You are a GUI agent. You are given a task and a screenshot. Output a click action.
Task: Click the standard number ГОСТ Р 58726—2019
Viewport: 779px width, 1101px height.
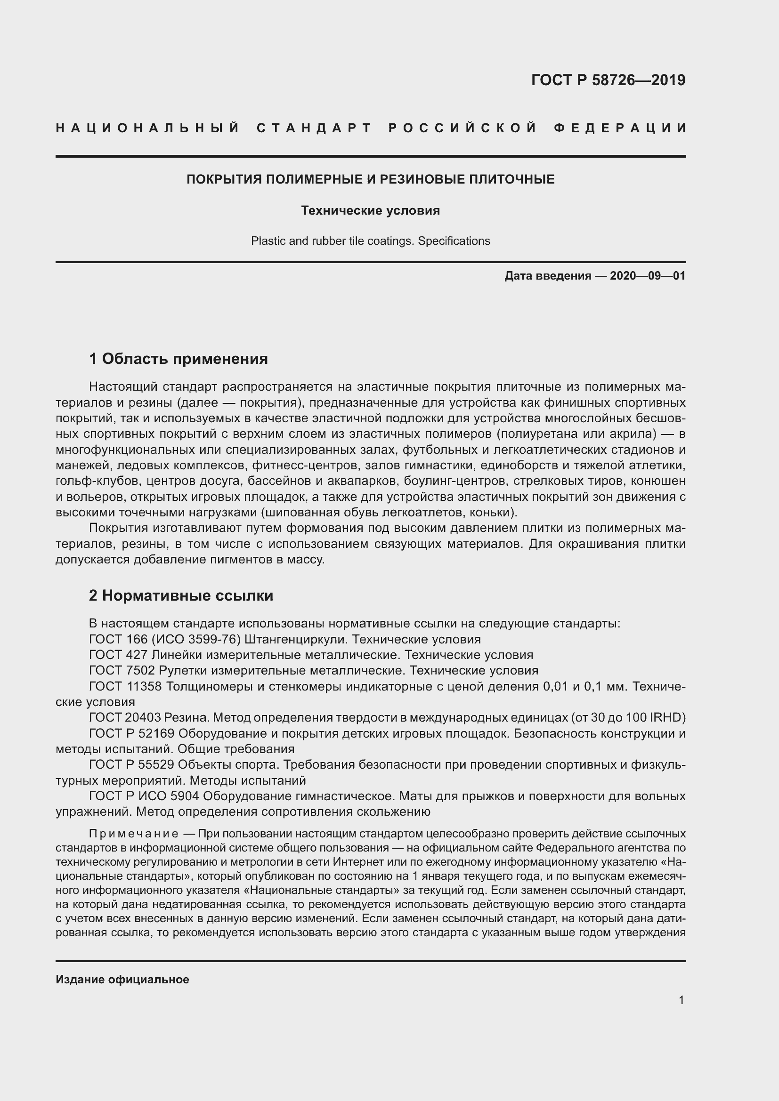click(x=608, y=80)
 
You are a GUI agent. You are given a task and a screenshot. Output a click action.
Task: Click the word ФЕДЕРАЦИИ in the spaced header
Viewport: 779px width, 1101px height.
click(x=620, y=129)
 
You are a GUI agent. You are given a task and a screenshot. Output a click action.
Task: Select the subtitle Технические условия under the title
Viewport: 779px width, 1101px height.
click(x=370, y=210)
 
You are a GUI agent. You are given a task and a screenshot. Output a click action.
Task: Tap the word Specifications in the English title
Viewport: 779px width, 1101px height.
click(x=454, y=241)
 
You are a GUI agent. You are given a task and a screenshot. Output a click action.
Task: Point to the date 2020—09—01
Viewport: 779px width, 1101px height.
click(x=648, y=276)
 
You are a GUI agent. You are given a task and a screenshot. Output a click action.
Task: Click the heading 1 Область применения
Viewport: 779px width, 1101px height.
click(x=179, y=358)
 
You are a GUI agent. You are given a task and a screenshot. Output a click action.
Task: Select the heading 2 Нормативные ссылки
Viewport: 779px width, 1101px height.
click(x=181, y=595)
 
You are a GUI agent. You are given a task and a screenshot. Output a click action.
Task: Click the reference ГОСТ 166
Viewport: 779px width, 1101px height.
click(x=113, y=639)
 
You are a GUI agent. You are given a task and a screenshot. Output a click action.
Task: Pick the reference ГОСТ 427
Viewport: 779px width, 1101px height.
click(x=113, y=655)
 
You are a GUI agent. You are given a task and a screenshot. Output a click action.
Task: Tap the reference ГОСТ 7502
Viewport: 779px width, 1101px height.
click(x=116, y=670)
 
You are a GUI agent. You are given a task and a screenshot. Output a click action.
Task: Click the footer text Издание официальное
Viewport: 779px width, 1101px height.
click(x=122, y=979)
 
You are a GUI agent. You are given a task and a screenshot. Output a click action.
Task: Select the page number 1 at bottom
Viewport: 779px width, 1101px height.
click(x=681, y=1000)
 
